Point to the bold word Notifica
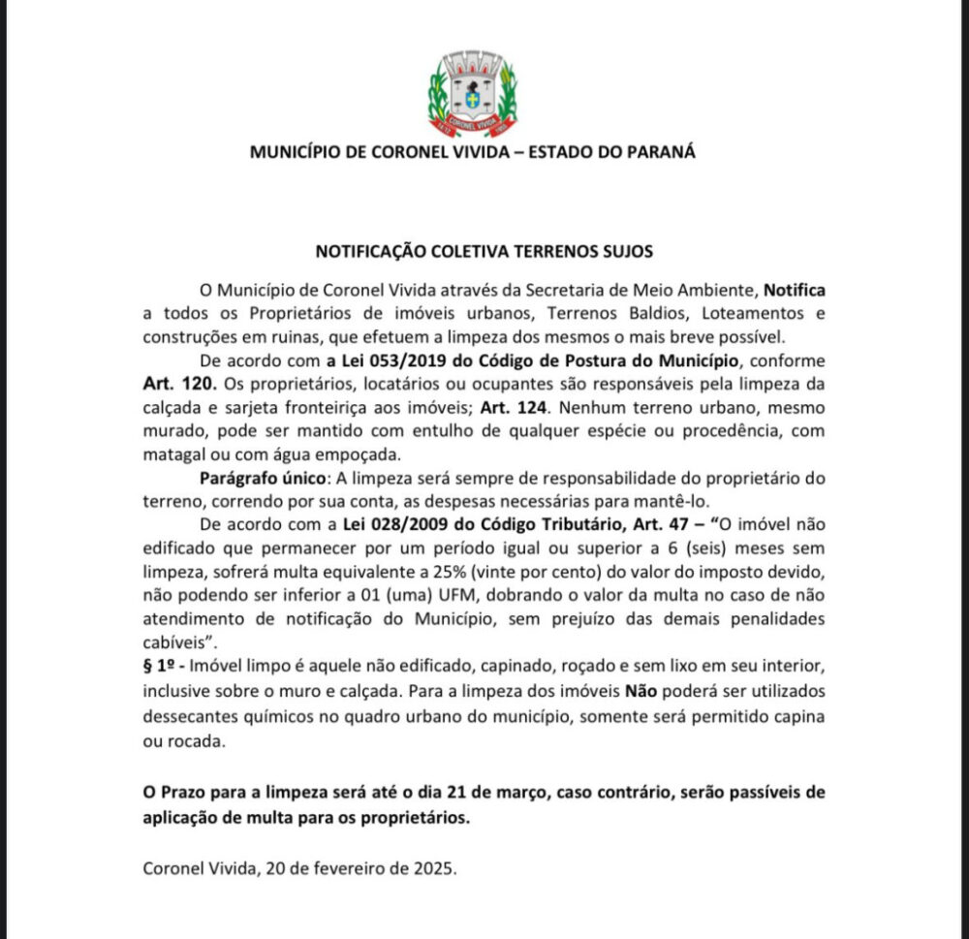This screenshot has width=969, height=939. click(795, 290)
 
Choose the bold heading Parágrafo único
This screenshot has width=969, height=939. click(261, 479)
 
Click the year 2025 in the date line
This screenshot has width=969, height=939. click(434, 868)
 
